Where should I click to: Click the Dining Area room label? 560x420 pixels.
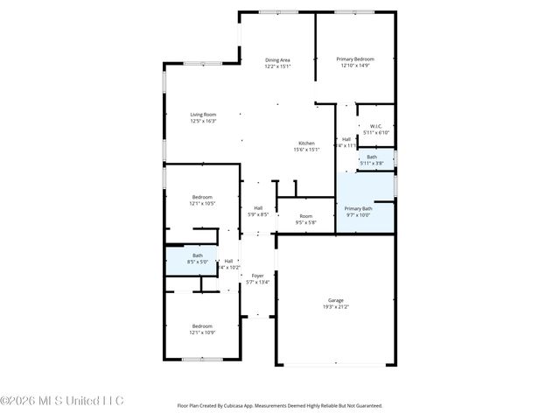point(278,59)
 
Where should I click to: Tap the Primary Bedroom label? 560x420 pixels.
point(355,59)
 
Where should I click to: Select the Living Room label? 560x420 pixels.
point(203,115)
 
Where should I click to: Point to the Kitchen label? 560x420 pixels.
point(306,143)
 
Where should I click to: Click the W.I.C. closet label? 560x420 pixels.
point(376,127)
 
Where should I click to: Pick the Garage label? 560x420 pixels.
point(336,300)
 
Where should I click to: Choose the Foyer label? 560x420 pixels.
point(258,276)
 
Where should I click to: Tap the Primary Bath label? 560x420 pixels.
point(359,208)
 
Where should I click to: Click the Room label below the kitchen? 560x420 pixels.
point(306,216)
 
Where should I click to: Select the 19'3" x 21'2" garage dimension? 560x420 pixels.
point(336,307)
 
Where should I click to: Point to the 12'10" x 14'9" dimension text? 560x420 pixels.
point(355,66)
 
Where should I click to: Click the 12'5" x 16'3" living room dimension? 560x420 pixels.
point(203,121)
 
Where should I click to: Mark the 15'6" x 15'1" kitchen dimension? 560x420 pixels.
point(306,150)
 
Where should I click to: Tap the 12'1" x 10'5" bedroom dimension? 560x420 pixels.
point(202,204)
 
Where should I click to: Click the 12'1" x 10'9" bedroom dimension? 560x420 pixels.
point(202,332)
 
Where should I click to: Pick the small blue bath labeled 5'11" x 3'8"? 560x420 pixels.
point(372,160)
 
